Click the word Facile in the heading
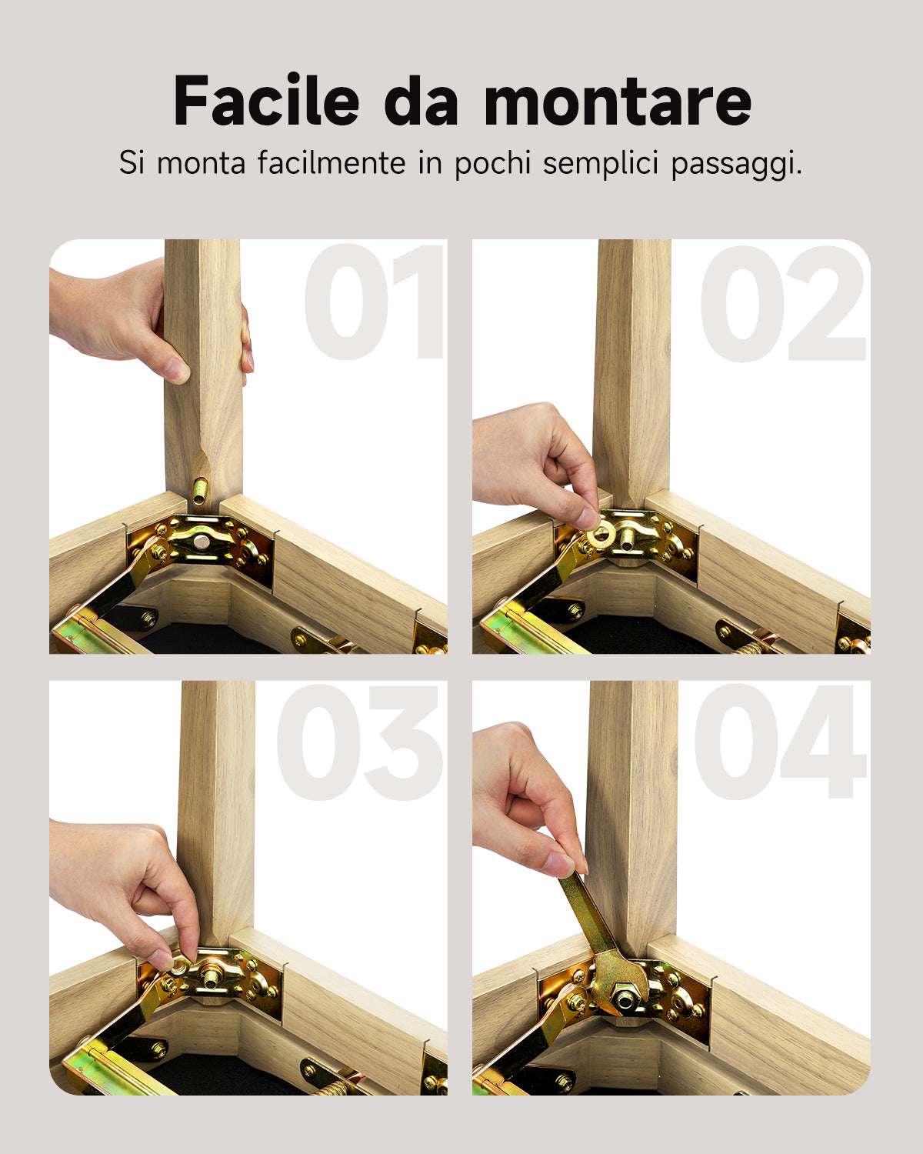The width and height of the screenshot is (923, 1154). [x=266, y=101]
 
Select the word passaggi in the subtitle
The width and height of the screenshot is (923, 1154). [x=736, y=164]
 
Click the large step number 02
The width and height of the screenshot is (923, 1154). [x=783, y=303]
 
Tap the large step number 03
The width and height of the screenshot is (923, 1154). [x=360, y=743]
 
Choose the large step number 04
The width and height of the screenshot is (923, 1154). [x=780, y=743]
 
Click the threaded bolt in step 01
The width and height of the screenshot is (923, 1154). [x=200, y=490]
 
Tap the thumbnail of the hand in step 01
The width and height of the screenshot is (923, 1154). [x=178, y=371]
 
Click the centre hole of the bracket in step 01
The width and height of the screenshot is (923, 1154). [x=202, y=542]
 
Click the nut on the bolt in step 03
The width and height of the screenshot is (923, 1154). [x=209, y=976]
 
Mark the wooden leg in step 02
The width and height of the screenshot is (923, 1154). [x=632, y=369]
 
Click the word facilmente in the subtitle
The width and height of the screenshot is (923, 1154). [x=332, y=164]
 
